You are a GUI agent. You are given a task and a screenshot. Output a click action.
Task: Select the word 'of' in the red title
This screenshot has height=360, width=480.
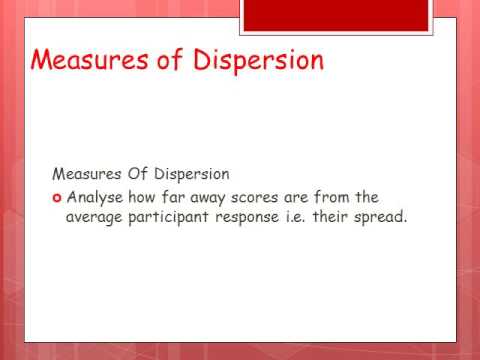[x=165, y=60]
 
